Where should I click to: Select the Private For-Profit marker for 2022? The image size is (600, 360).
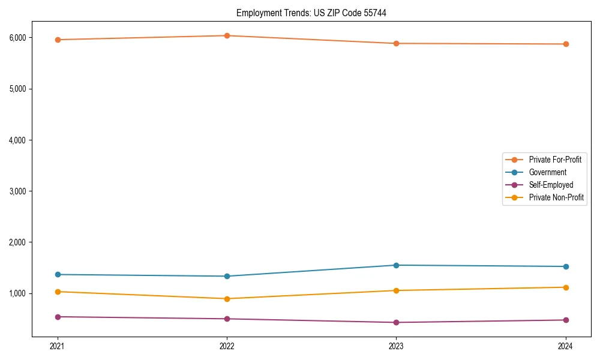(x=227, y=35)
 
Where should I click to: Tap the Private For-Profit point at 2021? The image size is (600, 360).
(x=58, y=40)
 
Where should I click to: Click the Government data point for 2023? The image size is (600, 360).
(x=397, y=265)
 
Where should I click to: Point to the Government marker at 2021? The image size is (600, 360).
(x=58, y=274)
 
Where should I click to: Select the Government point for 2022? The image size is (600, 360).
(x=227, y=276)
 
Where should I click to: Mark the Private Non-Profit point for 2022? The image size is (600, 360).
(x=227, y=299)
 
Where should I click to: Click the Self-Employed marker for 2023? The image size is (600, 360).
(x=397, y=322)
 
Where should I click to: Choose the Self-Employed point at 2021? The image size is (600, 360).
(x=58, y=317)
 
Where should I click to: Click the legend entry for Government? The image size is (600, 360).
(x=547, y=172)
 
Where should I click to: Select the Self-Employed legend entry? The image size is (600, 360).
(x=551, y=185)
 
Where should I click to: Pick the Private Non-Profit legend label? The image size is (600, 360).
(x=556, y=197)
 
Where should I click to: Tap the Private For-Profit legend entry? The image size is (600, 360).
(x=554, y=160)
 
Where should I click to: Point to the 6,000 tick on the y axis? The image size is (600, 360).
(x=18, y=38)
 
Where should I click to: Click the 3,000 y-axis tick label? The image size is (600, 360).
(x=18, y=191)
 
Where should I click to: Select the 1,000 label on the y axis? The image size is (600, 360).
(x=18, y=293)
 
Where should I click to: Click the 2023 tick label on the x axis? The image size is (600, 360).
(x=397, y=346)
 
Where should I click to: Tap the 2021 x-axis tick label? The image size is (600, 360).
(x=58, y=346)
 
